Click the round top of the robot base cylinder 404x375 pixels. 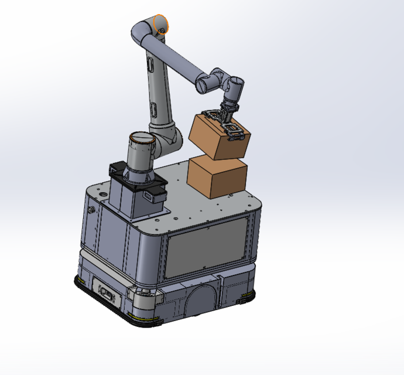click(x=141, y=139)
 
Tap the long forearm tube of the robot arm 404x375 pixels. click(x=179, y=59)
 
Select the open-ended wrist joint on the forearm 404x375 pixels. click(x=204, y=84)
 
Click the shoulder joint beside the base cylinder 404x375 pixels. click(x=167, y=138)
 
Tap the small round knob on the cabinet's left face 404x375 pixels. click(x=91, y=209)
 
